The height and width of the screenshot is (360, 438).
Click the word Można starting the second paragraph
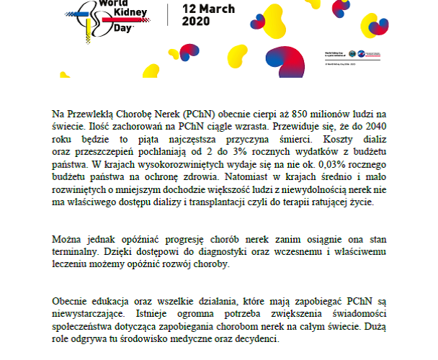tap(68, 238)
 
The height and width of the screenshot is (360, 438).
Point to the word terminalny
tap(75, 251)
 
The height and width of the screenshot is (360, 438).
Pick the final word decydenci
tap(259, 337)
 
